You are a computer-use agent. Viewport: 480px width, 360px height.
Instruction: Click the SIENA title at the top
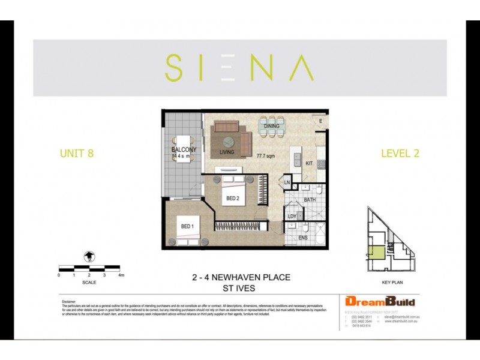pos(239,68)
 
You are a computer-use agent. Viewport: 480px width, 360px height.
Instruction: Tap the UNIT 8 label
pos(76,153)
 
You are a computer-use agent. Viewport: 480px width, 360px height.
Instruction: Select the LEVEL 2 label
pos(400,153)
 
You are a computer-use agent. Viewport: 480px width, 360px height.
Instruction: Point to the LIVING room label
pos(227,152)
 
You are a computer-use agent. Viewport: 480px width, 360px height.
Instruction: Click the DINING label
pos(272,127)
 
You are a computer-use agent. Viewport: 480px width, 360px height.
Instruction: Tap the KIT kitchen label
pos(309,163)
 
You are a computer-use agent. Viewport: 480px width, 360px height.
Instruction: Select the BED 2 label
pos(233,198)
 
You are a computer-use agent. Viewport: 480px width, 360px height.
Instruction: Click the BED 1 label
pos(187,226)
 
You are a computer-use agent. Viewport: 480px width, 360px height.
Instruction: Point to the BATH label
pos(310,199)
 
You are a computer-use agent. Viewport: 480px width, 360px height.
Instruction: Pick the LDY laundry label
pos(292,216)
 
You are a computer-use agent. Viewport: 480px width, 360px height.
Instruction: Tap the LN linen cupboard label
pos(287,182)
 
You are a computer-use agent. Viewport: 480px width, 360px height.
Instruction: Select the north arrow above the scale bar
pos(89,256)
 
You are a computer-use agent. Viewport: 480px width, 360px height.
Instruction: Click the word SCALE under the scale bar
pos(89,282)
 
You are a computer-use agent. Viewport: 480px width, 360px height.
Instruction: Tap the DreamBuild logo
pos(379,301)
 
